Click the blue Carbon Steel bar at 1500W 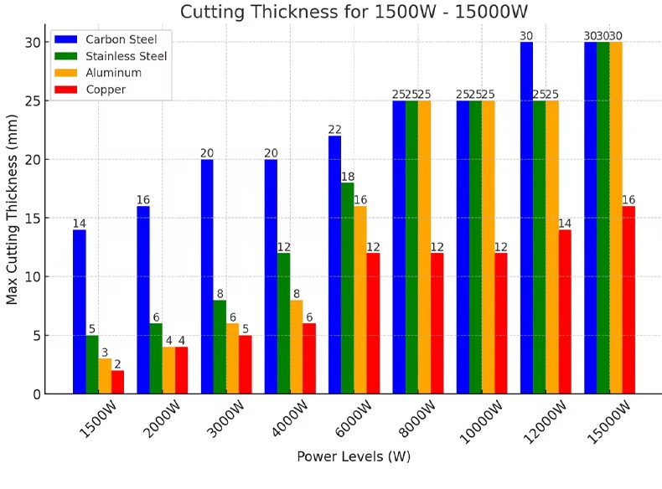pos(79,311)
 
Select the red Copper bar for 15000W pos(628,300)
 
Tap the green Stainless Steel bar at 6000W pos(348,288)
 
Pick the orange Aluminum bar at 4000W pos(297,347)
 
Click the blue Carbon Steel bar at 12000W pos(526,218)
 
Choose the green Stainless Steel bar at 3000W pos(220,347)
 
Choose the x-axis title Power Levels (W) pos(353,457)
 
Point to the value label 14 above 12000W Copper pos(565,223)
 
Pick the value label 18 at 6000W pos(348,176)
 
